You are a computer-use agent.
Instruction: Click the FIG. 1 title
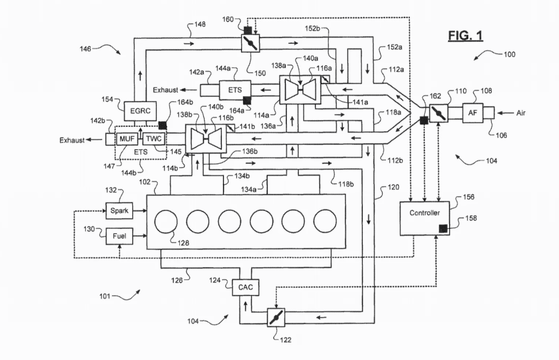pyautogui.click(x=466, y=36)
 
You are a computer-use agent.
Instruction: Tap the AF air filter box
pyautogui.click(x=472, y=113)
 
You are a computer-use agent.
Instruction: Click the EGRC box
pyautogui.click(x=141, y=110)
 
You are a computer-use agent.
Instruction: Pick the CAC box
pyautogui.click(x=244, y=286)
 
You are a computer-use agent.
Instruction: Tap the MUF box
pyautogui.click(x=126, y=139)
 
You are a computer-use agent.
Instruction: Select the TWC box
pyautogui.click(x=154, y=139)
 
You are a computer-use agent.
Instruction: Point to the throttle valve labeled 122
pyautogui.click(x=273, y=317)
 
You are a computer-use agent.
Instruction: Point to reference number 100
pyautogui.click(x=509, y=55)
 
